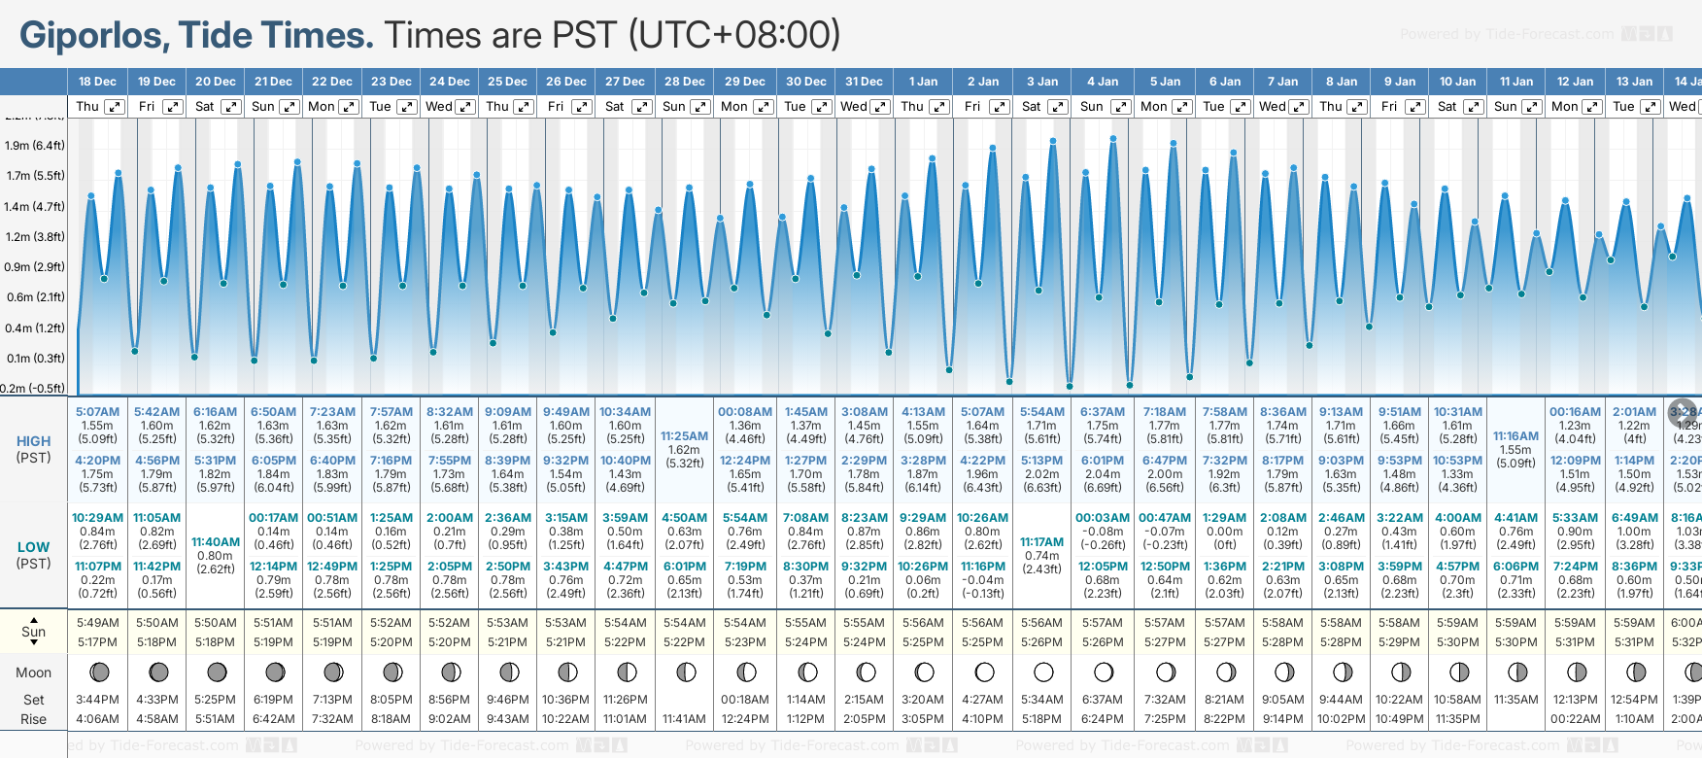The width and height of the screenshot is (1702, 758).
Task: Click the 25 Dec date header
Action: coord(507,82)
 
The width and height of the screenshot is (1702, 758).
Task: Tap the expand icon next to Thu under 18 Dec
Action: coord(115,107)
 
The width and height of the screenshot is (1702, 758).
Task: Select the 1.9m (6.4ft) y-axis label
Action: coord(35,146)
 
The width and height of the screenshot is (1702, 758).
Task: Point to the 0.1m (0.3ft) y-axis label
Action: coord(35,359)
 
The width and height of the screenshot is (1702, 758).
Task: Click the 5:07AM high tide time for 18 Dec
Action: coord(97,412)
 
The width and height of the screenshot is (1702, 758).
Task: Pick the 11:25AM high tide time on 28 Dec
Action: coord(684,436)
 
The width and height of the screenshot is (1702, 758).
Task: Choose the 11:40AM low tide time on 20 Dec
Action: coord(215,542)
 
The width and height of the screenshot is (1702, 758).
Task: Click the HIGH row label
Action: coord(34,441)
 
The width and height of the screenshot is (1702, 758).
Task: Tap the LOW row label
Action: coord(34,547)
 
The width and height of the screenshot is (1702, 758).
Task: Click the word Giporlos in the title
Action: coord(93,36)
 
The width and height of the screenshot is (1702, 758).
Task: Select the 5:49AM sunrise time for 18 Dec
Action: coord(97,623)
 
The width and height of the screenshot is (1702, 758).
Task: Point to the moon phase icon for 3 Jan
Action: coord(1043,672)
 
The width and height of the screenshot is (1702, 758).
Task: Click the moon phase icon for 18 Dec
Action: coord(98,672)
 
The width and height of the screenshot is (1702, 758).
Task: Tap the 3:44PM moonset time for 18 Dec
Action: coord(97,700)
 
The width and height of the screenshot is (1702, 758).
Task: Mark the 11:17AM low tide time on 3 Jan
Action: coord(1041,542)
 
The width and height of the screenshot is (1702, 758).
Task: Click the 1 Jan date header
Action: coord(923,82)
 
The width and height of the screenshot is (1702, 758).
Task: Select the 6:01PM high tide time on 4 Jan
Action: coord(1103,461)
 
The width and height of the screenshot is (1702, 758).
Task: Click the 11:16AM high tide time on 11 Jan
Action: coord(1515,436)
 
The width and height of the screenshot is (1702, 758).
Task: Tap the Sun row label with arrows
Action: coord(34,632)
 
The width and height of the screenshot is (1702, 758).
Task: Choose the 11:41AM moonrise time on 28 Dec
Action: coord(684,719)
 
